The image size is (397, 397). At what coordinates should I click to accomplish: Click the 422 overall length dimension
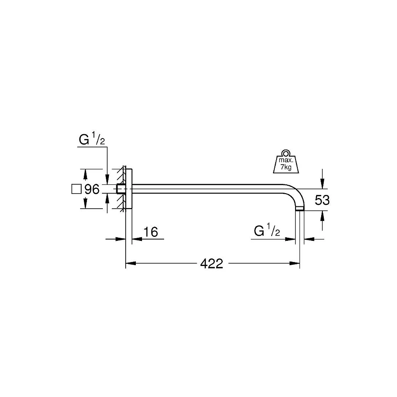point(212,264)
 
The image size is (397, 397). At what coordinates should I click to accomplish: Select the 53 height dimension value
point(322,200)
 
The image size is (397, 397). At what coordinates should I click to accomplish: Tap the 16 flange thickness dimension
point(150,232)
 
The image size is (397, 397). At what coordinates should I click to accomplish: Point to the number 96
point(92,190)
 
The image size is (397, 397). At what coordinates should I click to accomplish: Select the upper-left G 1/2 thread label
point(91,141)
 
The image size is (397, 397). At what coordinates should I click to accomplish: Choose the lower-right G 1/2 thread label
point(267,231)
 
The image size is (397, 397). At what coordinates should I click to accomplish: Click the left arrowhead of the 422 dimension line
point(130,264)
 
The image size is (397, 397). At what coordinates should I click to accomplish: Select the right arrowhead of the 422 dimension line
point(296,264)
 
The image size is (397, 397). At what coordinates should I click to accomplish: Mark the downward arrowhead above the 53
point(323,185)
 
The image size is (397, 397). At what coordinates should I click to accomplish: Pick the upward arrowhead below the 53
point(323,215)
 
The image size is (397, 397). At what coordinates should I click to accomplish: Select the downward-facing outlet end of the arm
point(300,210)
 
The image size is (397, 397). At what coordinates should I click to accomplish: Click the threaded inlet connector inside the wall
point(120,190)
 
